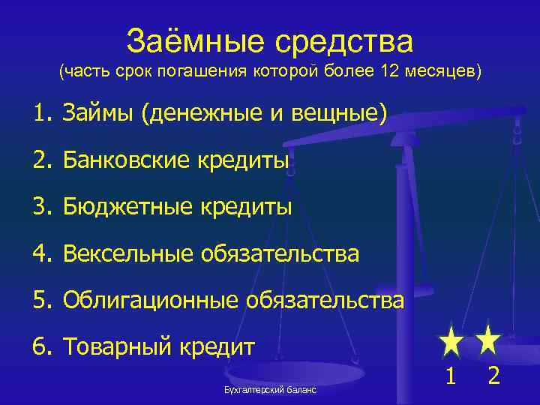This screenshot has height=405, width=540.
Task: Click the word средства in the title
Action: pos(341,41)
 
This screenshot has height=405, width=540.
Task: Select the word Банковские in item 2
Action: pos(123,160)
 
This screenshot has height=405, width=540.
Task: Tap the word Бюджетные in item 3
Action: pos(123,207)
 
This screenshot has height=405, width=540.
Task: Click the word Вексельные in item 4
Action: pos(127,254)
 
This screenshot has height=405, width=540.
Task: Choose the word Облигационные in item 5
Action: pos(150,301)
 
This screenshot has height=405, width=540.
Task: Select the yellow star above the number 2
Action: pos(489,339)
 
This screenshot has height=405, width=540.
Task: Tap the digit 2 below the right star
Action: pos(493,374)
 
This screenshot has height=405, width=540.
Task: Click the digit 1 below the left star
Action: pos(451,374)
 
